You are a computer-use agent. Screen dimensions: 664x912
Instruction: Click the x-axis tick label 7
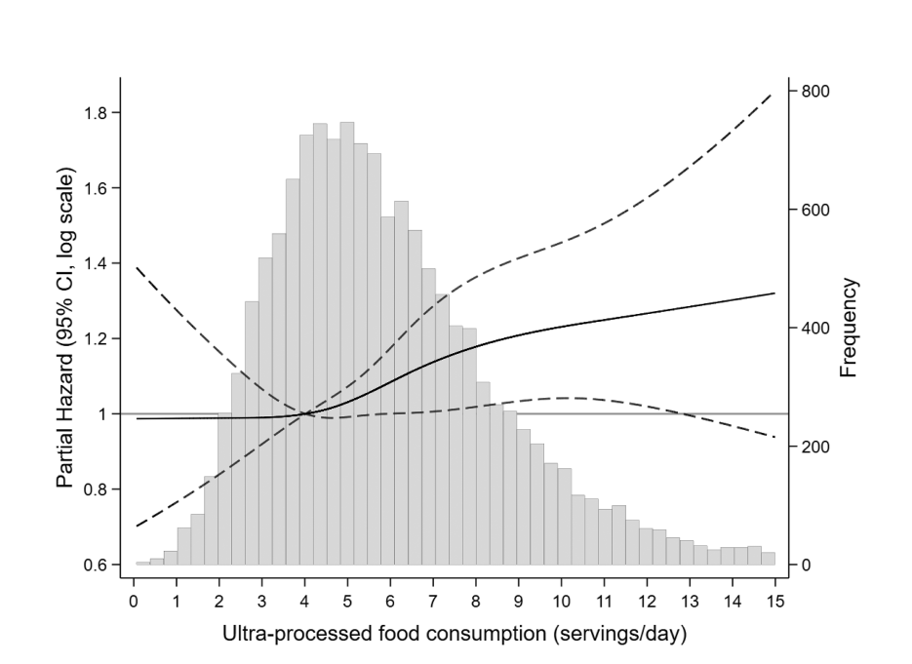432,600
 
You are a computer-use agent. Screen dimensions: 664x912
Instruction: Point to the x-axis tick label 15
774,600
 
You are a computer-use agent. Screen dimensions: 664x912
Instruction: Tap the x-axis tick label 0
134,600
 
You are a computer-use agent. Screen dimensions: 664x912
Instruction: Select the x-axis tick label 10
561,600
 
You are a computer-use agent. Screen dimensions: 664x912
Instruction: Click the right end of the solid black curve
774,293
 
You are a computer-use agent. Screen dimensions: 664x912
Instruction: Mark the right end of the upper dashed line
774,93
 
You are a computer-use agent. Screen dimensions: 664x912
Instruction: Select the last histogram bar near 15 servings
769,559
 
